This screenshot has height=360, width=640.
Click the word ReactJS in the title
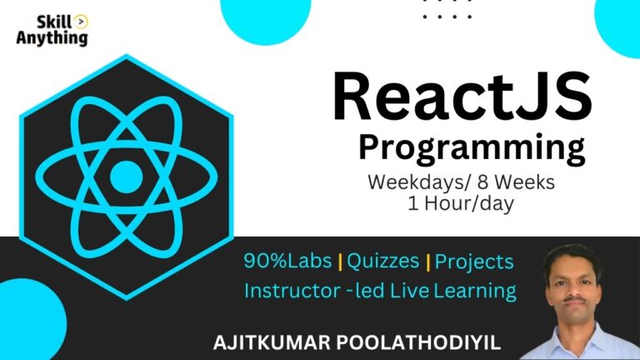(x=462, y=97)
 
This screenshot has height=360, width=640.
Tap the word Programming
(x=471, y=148)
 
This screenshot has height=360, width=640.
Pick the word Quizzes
(x=382, y=261)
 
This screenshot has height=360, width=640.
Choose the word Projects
(x=474, y=262)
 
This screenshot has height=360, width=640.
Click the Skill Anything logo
(x=52, y=30)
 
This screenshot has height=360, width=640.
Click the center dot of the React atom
(x=126, y=175)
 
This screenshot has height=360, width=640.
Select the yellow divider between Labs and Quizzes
(x=340, y=262)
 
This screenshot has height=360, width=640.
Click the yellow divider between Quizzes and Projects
(x=428, y=262)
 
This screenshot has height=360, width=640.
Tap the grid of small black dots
(x=447, y=10)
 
